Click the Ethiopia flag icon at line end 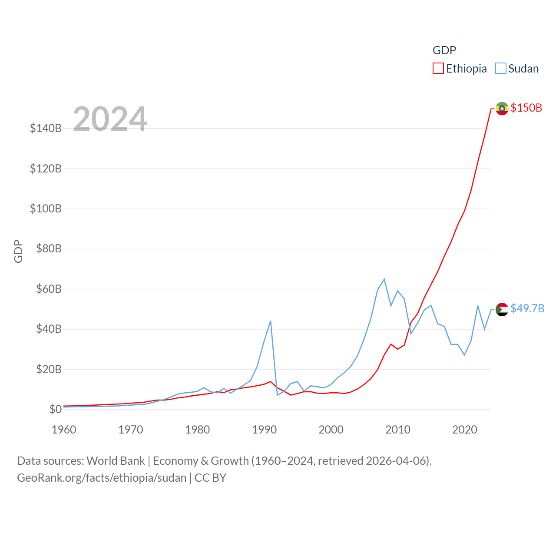(x=502, y=108)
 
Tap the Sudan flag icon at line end (x=502, y=309)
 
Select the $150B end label (x=526, y=108)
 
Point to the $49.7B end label (x=527, y=308)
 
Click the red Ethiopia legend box (x=438, y=69)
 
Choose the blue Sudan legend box (x=500, y=69)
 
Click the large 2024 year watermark (x=110, y=119)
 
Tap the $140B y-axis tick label (x=46, y=128)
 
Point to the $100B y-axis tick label (x=46, y=208)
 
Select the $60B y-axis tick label (x=49, y=289)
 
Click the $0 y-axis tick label (x=55, y=409)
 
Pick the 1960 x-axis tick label (x=64, y=430)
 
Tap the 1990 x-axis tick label (x=264, y=430)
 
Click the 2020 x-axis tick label (x=464, y=430)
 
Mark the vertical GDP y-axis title (x=18, y=251)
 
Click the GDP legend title (x=444, y=50)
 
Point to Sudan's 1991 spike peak (x=271, y=321)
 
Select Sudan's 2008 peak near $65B (x=384, y=279)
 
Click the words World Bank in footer (x=116, y=460)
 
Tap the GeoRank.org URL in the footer (x=102, y=478)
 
